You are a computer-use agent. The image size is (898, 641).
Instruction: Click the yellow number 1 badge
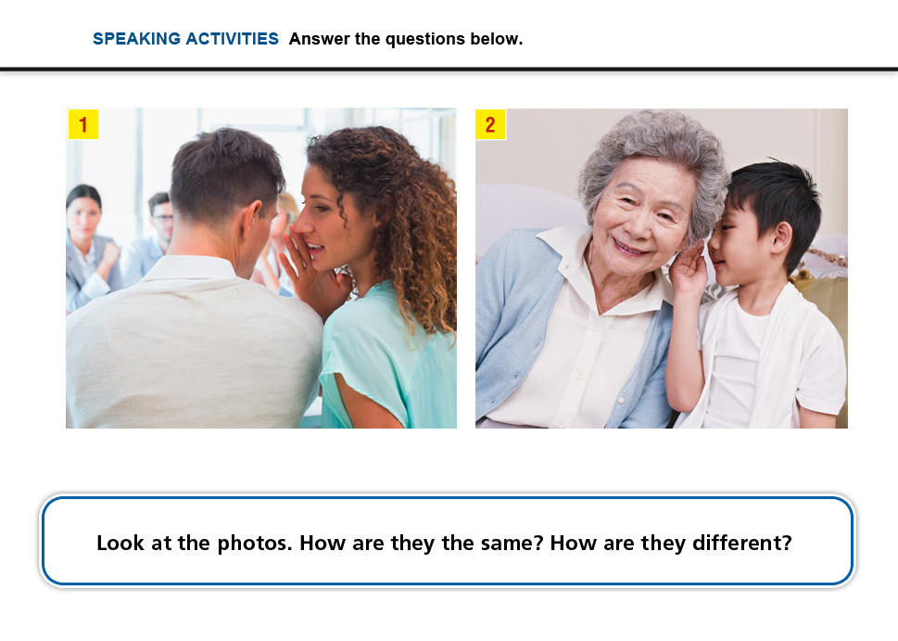point(83,124)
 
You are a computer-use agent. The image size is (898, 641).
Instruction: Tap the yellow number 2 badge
point(490,124)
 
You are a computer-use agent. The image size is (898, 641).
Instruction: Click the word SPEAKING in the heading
point(137,39)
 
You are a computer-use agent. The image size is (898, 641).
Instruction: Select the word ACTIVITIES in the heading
point(232,39)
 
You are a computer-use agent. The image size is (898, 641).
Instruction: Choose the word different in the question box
point(742,543)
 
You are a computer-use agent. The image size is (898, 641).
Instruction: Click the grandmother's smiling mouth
point(630,248)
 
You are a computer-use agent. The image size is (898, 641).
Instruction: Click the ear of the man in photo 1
point(252,220)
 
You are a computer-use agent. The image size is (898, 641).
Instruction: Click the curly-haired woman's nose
point(303,220)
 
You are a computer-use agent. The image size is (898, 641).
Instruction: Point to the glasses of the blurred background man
point(164,218)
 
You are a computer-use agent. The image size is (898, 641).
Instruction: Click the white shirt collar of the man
point(189,267)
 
